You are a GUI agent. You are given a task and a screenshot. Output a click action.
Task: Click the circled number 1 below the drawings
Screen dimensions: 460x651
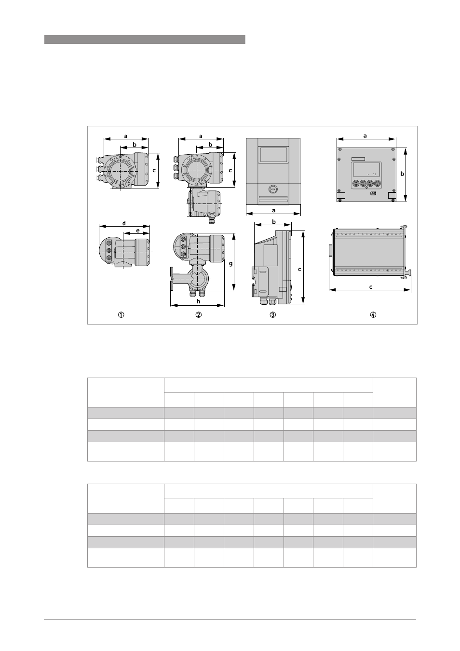tap(121, 315)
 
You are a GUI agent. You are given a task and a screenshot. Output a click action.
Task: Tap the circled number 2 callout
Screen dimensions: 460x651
tap(199, 315)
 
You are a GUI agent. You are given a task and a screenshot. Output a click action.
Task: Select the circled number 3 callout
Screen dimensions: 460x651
tap(272, 315)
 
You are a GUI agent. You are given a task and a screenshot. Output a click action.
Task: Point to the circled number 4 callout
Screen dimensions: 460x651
tap(373, 315)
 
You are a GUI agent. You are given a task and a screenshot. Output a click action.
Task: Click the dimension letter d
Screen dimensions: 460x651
tap(124, 223)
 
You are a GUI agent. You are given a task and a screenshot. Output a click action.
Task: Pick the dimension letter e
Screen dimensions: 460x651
tap(138, 231)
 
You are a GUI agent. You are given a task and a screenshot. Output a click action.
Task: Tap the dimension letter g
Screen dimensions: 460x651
tap(231, 264)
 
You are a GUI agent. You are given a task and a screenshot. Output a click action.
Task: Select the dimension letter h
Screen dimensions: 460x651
tap(199, 301)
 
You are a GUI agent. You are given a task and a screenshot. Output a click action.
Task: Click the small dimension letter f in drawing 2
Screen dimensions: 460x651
tap(188, 201)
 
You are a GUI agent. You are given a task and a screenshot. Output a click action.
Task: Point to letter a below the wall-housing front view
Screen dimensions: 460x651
tap(273, 210)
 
